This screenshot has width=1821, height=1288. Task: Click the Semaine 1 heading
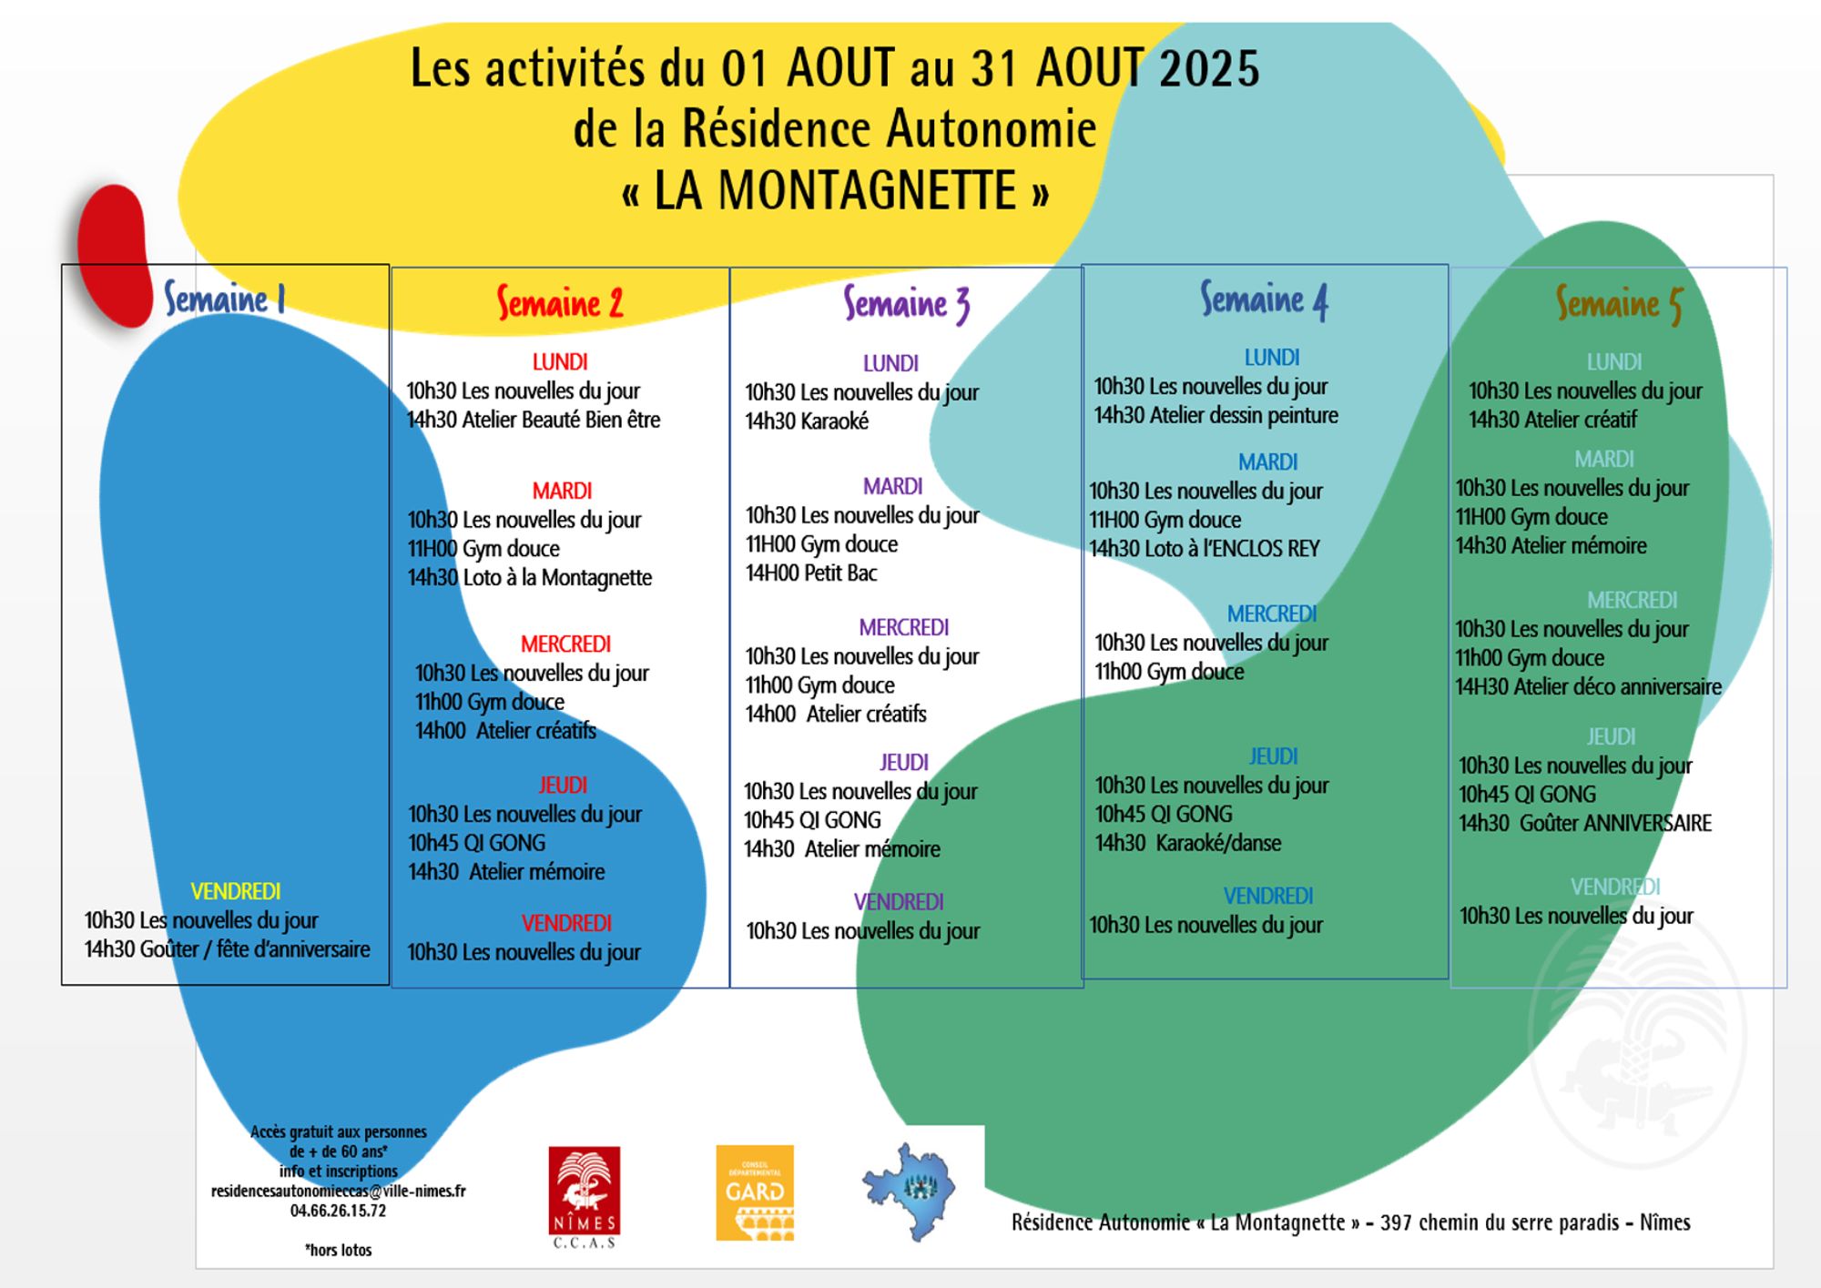pyautogui.click(x=225, y=299)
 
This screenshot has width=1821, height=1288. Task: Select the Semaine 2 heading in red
pyautogui.click(x=560, y=303)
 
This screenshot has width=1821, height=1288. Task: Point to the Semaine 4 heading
pyautogui.click(x=1264, y=299)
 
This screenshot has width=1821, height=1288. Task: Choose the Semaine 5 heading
pyautogui.click(x=1618, y=304)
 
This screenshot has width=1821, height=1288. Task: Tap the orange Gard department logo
pyautogui.click(x=755, y=1192)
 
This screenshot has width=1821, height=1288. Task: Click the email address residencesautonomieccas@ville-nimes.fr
pyautogui.click(x=338, y=1192)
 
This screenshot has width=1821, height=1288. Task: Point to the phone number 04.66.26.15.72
pyautogui.click(x=338, y=1212)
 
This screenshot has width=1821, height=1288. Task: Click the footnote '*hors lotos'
pyautogui.click(x=338, y=1251)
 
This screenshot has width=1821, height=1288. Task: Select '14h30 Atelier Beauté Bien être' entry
pyautogui.click(x=533, y=420)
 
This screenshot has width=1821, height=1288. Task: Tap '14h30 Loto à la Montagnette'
pyautogui.click(x=529, y=578)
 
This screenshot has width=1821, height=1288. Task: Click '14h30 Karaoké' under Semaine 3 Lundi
pyautogui.click(x=807, y=421)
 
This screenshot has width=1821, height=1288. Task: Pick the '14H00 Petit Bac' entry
pyautogui.click(x=811, y=573)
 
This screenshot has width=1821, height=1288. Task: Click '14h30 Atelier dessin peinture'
pyautogui.click(x=1216, y=416)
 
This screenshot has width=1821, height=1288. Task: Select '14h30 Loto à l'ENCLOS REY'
pyautogui.click(x=1205, y=549)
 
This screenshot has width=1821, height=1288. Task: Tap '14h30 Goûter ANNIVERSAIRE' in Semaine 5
pyautogui.click(x=1585, y=824)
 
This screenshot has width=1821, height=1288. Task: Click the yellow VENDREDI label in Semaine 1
pyautogui.click(x=235, y=892)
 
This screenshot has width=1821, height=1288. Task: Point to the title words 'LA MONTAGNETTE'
pyautogui.click(x=835, y=191)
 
